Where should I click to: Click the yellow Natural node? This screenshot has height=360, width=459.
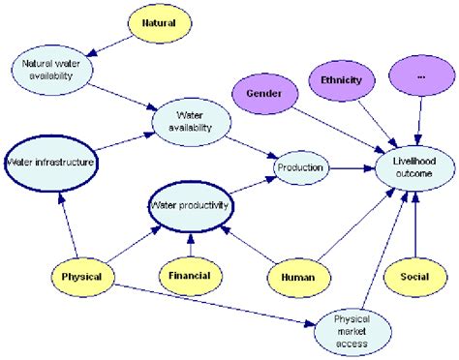click(160, 22)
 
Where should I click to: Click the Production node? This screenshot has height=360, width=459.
click(299, 167)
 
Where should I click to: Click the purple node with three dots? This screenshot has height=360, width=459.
click(419, 75)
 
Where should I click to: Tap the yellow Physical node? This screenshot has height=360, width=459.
click(81, 276)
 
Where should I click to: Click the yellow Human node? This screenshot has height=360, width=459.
click(298, 276)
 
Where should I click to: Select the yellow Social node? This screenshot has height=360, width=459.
click(414, 276)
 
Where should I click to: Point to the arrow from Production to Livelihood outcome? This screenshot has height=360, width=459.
click(353, 167)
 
